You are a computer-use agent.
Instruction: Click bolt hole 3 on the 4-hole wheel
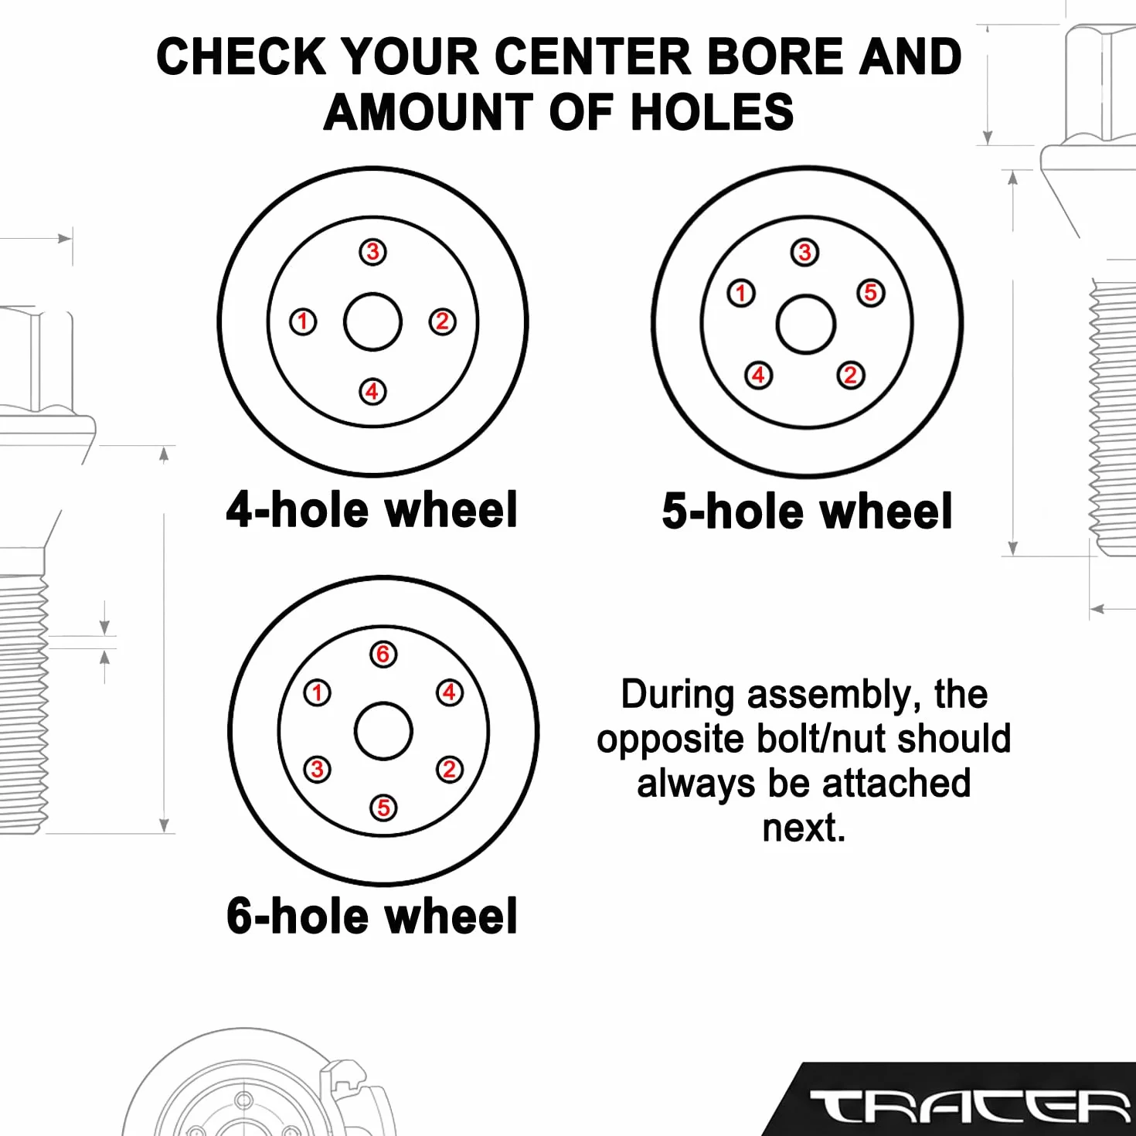[372, 252]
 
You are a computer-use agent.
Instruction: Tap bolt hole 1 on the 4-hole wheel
[303, 322]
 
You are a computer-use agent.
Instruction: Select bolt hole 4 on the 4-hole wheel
[372, 392]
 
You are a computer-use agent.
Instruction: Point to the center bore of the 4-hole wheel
[372, 322]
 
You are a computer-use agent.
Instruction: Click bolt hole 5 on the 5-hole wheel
[871, 293]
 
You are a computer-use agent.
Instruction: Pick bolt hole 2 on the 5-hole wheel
[851, 375]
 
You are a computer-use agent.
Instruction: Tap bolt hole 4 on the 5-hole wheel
[759, 375]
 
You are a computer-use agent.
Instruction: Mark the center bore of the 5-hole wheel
[806, 325]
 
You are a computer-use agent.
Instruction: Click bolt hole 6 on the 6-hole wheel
[383, 654]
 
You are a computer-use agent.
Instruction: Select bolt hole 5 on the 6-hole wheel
[383, 808]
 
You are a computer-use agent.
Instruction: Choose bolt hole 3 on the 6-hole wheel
[317, 770]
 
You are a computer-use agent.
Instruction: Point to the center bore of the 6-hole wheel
[383, 731]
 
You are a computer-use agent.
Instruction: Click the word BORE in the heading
[776, 57]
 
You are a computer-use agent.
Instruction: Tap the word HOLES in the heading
[713, 112]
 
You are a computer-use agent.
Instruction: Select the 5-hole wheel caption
[807, 511]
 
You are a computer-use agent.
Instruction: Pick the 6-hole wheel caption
[372, 916]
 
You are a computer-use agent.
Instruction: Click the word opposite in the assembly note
[670, 740]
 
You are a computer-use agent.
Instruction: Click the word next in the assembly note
[804, 828]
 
